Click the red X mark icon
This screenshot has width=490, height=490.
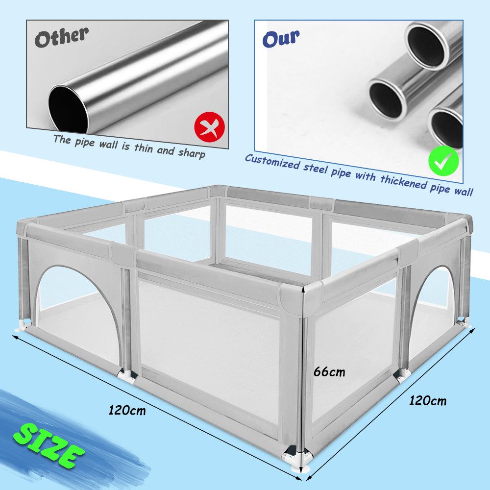tap(209, 127)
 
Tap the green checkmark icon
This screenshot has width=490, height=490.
tap(443, 161)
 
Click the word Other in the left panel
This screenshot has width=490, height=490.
tap(62, 37)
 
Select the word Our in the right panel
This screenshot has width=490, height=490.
tap(281, 39)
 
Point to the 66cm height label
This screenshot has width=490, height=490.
tap(329, 372)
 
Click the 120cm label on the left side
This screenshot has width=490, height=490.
tap(127, 410)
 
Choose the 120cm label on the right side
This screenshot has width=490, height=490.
tap(428, 400)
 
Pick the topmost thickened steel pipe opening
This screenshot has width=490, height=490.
tap(428, 46)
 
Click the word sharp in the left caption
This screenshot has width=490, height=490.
tap(192, 153)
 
